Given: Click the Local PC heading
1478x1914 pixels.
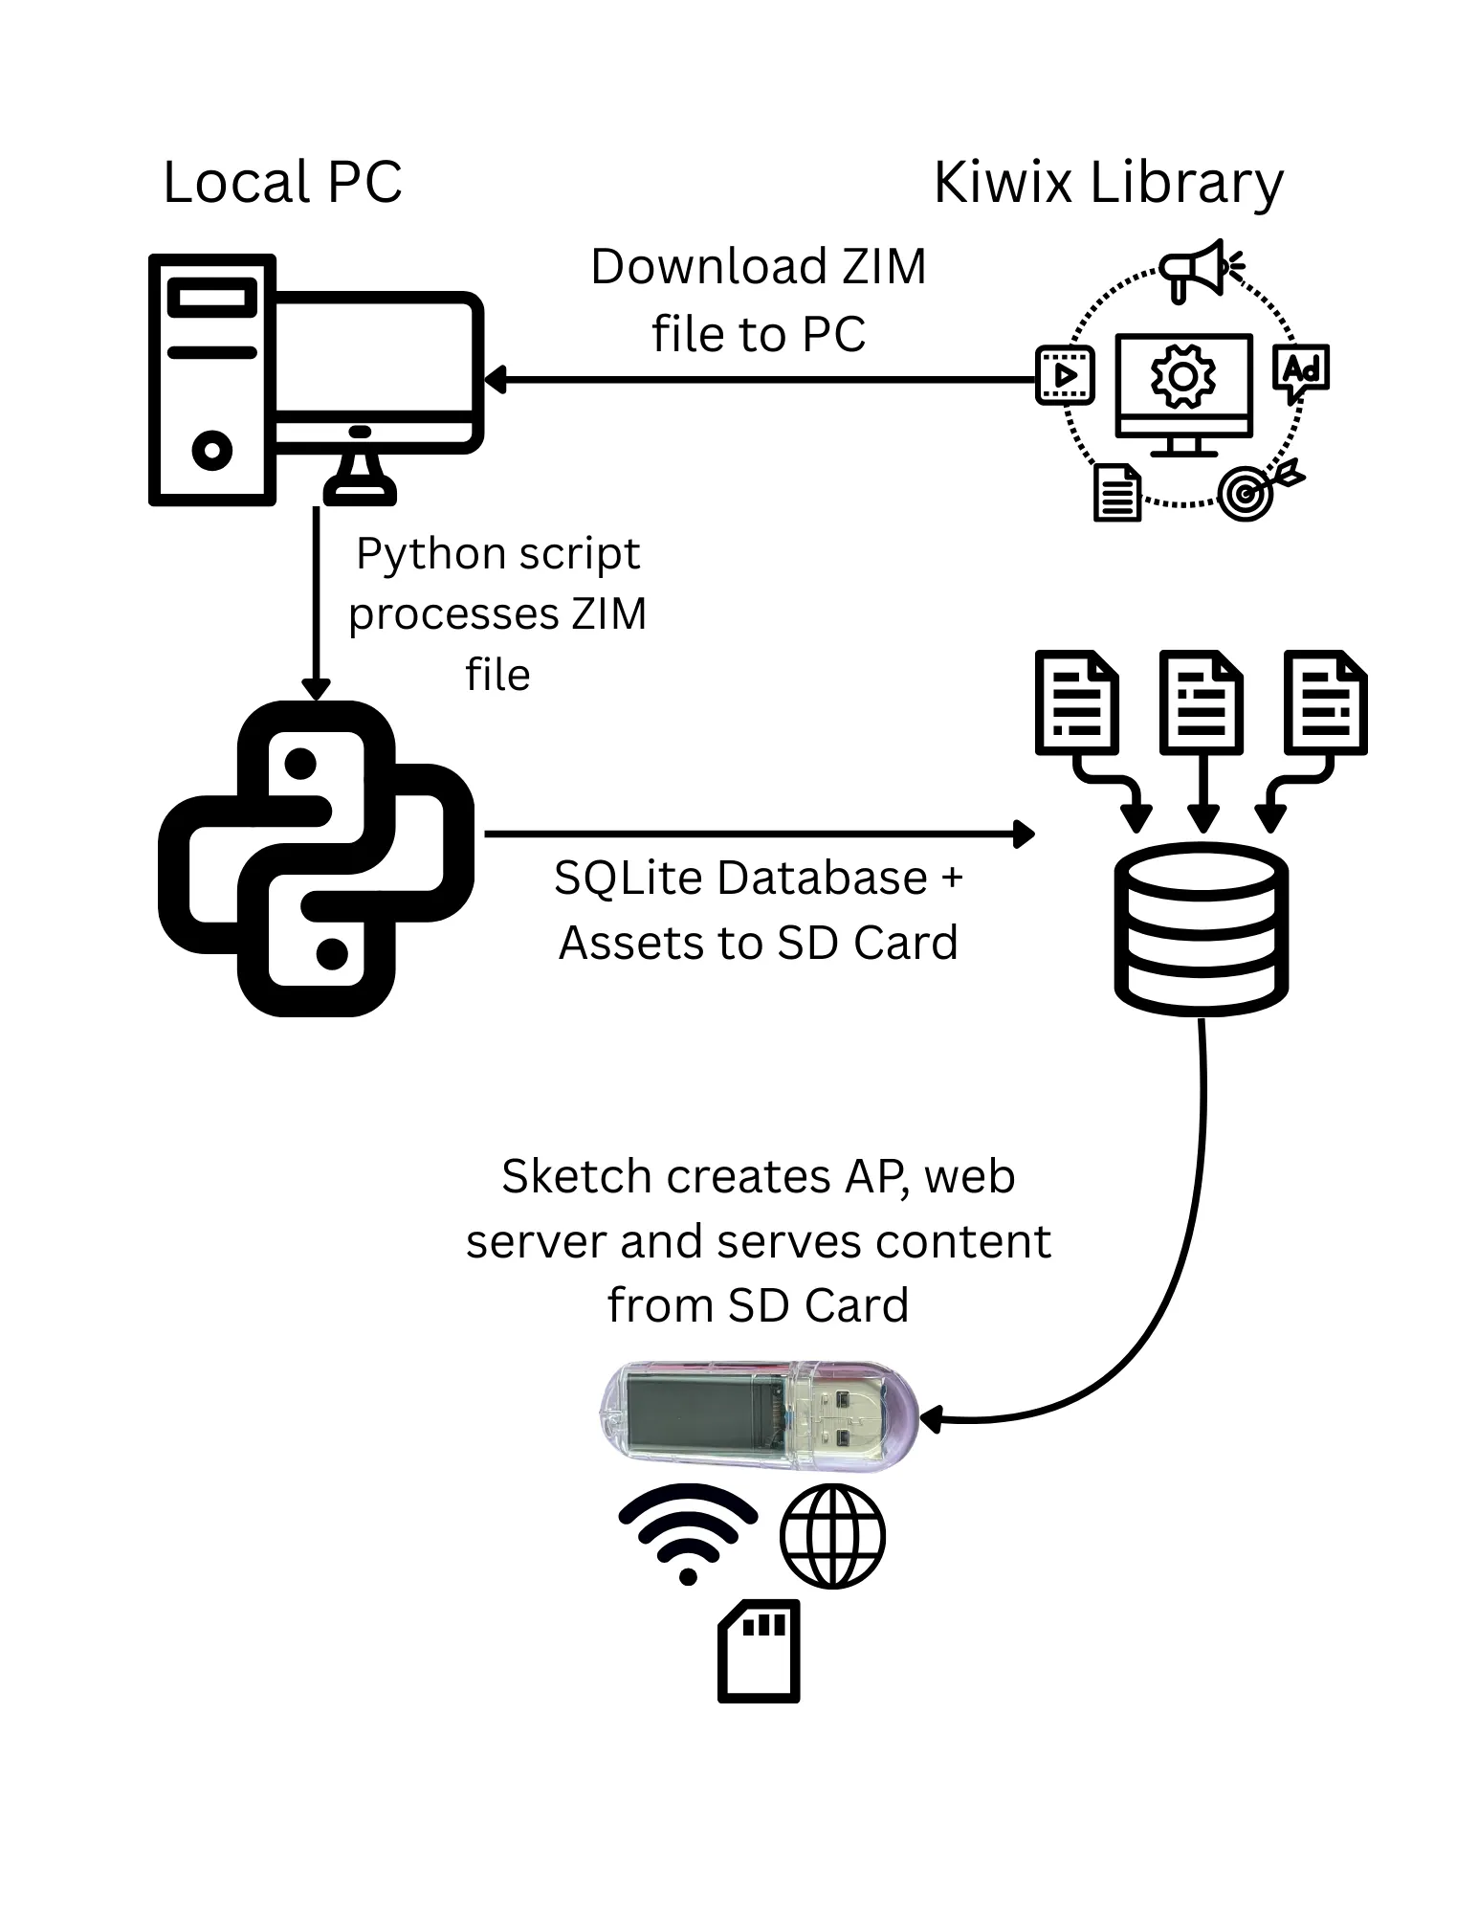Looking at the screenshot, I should [282, 182].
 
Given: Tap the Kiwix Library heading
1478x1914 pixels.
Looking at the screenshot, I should [1108, 182].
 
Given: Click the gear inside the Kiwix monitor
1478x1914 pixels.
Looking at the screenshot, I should [1183, 377].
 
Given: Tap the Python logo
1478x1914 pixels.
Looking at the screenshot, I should [316, 858].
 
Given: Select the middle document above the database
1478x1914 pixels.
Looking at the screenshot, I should [1202, 702].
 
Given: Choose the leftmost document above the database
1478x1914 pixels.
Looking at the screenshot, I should [1077, 702].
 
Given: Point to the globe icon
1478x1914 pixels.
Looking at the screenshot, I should [832, 1536].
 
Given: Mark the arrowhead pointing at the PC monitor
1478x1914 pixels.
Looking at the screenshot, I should [495, 380].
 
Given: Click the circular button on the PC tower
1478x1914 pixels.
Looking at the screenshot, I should [212, 449].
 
